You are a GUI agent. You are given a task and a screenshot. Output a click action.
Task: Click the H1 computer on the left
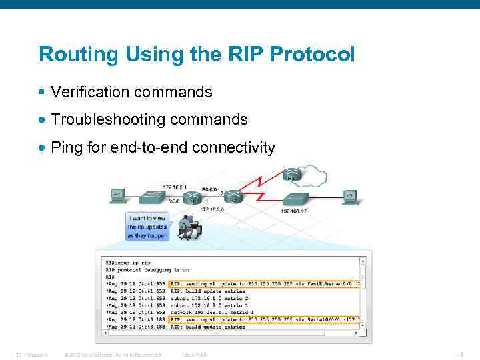click(x=117, y=195)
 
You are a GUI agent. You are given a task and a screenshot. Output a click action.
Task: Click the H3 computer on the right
click(x=348, y=196)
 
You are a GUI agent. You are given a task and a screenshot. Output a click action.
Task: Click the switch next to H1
click(x=154, y=197)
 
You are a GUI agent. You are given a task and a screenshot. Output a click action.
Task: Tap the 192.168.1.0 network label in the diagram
click(x=295, y=211)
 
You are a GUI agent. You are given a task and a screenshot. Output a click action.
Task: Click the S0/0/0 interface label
click(x=210, y=189)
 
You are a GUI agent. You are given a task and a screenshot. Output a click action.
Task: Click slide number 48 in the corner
click(x=459, y=354)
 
